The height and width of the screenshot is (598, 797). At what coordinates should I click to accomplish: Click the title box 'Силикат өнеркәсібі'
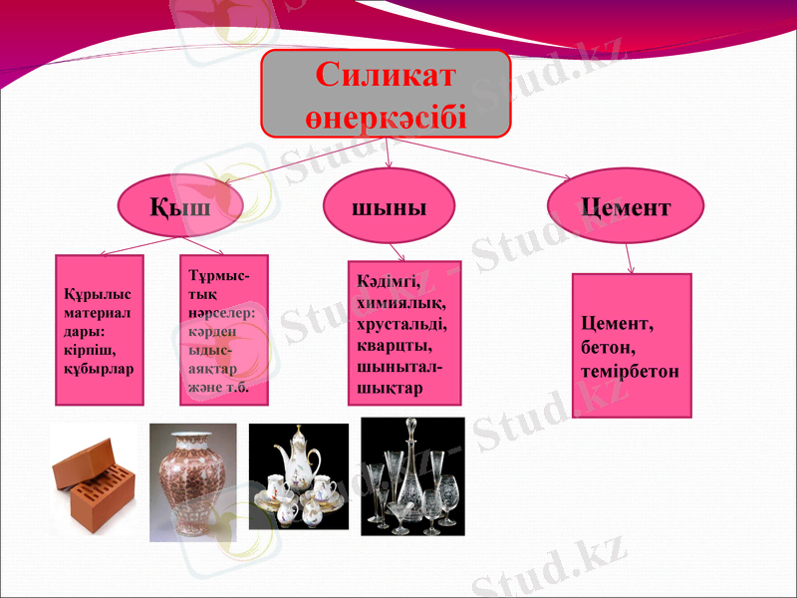pos(386,94)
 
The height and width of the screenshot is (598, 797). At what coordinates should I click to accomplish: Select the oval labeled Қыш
pos(180,207)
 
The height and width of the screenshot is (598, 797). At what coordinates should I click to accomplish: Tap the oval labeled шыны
pos(390,206)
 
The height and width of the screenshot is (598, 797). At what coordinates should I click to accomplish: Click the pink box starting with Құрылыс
pos(99,330)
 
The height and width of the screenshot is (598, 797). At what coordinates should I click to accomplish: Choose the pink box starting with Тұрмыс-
pos(224,330)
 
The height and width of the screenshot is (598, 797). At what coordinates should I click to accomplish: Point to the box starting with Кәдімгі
pos(404,333)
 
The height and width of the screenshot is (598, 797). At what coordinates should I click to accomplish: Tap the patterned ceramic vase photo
pos(192,482)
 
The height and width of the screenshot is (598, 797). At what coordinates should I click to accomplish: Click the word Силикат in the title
pos(386,75)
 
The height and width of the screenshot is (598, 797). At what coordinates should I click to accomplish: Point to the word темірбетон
pos(631,371)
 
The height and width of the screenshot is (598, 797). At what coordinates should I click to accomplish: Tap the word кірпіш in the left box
pos(82,353)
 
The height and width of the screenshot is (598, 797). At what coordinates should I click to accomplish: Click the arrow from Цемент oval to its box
pos(629,258)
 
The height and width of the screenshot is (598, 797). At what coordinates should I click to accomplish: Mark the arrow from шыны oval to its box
pos(397,252)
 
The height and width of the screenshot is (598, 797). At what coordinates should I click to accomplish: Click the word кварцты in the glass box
pos(395,345)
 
